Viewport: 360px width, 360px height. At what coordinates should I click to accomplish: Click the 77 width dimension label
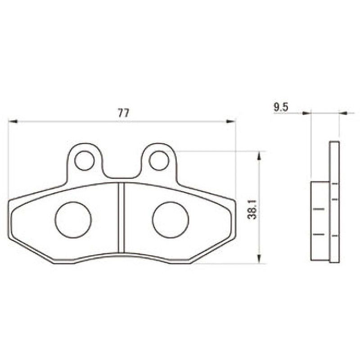(123, 113)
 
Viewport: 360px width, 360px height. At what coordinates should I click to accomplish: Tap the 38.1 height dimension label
(253, 209)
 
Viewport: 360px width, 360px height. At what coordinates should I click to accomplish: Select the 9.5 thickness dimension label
(281, 108)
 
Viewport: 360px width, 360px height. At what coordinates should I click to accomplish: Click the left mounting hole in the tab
(85, 161)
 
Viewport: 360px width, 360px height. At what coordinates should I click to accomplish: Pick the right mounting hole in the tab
(159, 161)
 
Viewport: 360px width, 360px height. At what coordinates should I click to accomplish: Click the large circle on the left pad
(73, 220)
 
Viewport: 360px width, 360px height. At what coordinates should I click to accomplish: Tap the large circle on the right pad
(171, 220)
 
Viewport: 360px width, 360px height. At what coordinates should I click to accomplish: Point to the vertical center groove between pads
(121, 218)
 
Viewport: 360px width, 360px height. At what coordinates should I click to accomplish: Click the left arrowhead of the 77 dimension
(13, 121)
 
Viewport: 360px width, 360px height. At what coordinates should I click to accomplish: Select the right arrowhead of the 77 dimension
(231, 121)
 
